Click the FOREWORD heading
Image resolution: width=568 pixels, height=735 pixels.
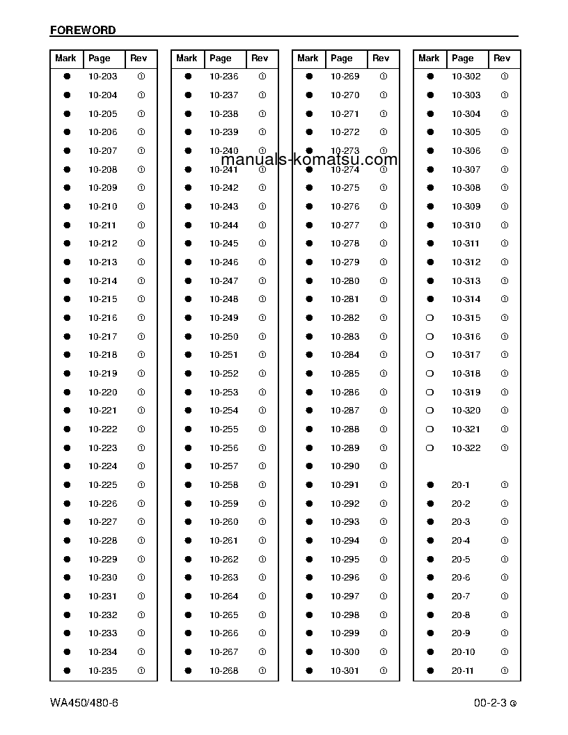click(x=83, y=31)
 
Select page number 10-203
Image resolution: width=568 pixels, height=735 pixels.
click(x=102, y=77)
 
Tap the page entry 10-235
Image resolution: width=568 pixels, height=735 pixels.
click(x=102, y=670)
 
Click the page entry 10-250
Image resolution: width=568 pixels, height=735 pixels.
click(x=223, y=336)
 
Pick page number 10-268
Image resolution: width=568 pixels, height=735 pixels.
click(x=223, y=670)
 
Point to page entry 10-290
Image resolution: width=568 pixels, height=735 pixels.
click(x=345, y=466)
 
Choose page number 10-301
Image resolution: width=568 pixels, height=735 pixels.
click(x=345, y=670)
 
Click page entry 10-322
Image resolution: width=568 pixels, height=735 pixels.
click(x=466, y=448)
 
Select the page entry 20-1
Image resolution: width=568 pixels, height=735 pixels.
click(x=460, y=485)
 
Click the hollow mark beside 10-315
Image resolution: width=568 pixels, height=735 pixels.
click(x=430, y=318)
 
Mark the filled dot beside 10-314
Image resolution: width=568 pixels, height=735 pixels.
click(x=430, y=299)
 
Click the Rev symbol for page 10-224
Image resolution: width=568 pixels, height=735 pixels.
click(x=141, y=466)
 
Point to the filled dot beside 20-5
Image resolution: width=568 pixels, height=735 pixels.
click(x=430, y=559)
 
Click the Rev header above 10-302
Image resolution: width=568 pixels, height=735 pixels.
click(x=501, y=58)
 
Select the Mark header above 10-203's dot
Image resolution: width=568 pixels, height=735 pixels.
click(x=65, y=58)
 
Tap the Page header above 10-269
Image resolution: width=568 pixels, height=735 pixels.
click(x=341, y=58)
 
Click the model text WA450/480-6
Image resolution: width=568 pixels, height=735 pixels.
click(x=84, y=702)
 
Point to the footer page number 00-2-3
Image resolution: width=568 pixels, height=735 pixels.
click(x=491, y=703)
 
